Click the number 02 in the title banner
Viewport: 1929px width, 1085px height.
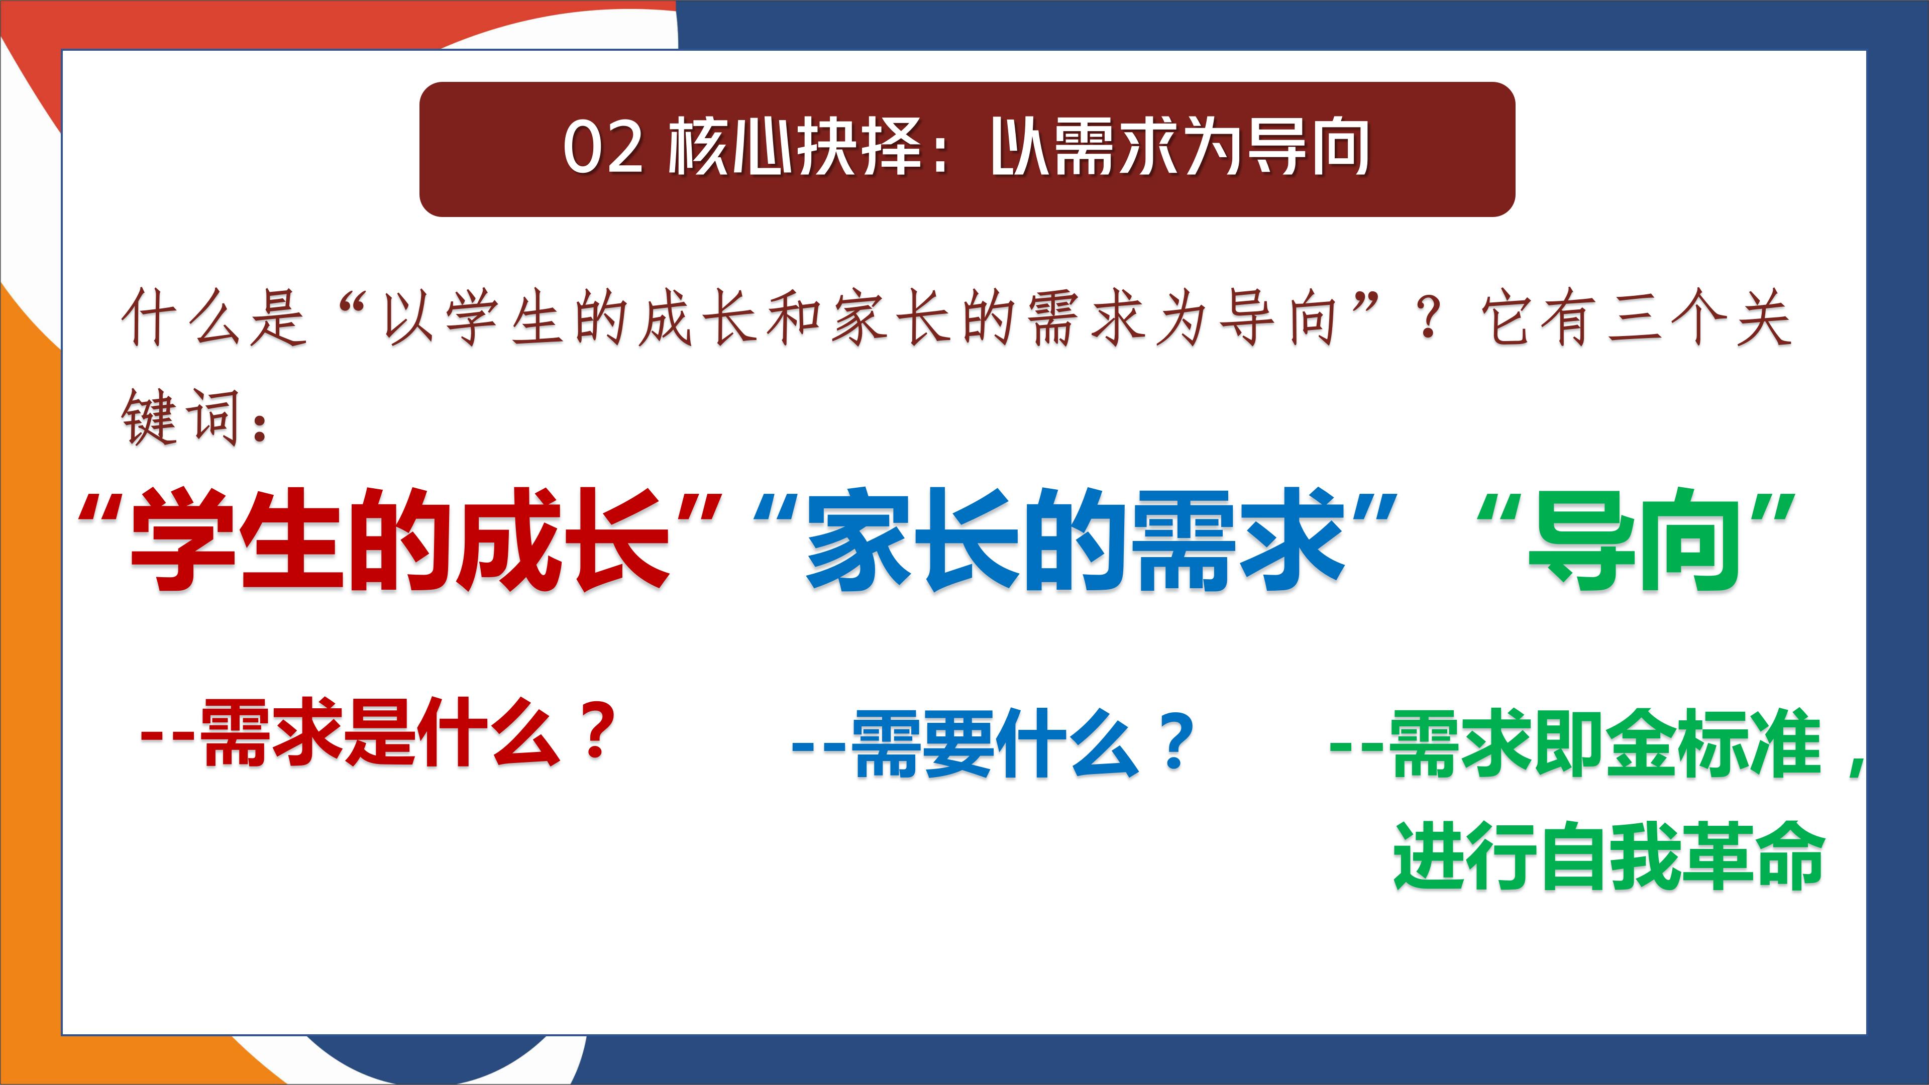coord(603,148)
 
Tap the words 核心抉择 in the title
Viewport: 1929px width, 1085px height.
coord(795,148)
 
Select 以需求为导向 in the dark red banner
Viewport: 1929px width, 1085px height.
coord(1180,148)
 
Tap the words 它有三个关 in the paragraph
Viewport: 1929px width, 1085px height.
coord(1636,319)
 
